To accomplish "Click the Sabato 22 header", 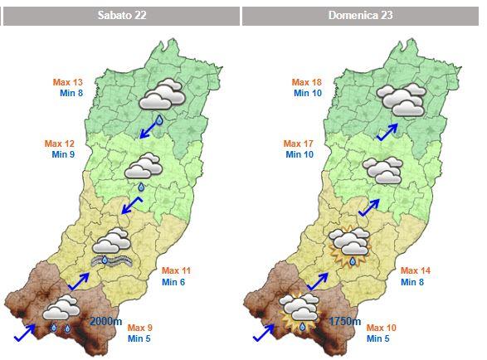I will point(120,16).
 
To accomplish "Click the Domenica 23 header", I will point(361,16).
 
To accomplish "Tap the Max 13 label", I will point(68,82).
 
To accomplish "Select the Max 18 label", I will point(307,82).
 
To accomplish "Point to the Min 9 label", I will point(64,154).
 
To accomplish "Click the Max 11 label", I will point(176,271).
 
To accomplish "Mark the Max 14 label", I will point(416,271).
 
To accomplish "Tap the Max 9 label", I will point(140,327).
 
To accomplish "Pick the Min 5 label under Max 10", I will point(377,338).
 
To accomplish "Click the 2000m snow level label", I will point(105,320).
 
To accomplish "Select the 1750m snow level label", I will point(344,321).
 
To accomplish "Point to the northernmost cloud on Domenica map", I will point(401,98).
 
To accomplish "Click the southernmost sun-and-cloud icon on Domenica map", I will point(300,311).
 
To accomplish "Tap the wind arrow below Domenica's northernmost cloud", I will point(386,132).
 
